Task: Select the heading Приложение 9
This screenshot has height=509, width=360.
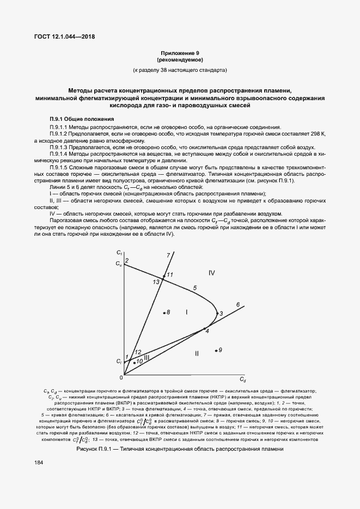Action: click(x=180, y=52)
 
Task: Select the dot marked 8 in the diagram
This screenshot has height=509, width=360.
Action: click(x=164, y=312)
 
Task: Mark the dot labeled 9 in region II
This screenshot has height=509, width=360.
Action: click(x=216, y=350)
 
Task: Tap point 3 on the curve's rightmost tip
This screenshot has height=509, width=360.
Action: click(x=216, y=313)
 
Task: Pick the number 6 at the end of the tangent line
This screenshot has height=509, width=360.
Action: click(x=237, y=304)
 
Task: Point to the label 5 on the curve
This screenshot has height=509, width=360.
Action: click(x=194, y=287)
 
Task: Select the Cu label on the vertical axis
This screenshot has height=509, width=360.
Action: click(x=119, y=263)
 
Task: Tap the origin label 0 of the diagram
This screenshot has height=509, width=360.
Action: click(x=121, y=377)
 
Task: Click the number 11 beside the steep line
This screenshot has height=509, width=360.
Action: click(x=169, y=274)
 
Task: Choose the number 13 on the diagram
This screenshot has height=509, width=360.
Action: click(x=156, y=281)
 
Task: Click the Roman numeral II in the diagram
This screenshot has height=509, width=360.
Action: click(x=197, y=354)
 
